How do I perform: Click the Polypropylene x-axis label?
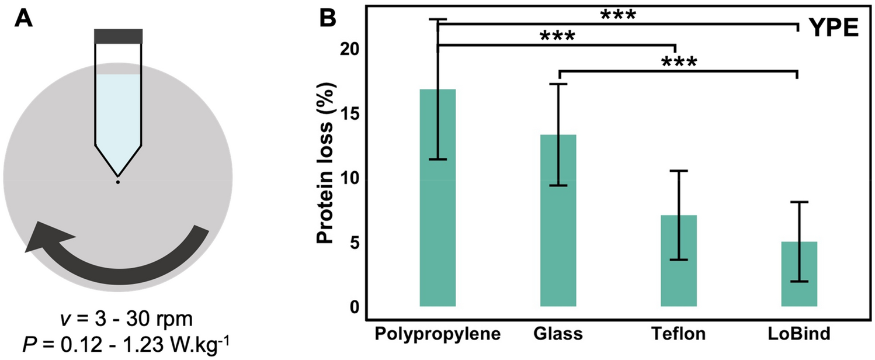pyautogui.click(x=437, y=335)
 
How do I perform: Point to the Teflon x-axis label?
pyautogui.click(x=679, y=335)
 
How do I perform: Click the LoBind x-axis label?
pyautogui.click(x=799, y=335)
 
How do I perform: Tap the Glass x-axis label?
pyautogui.click(x=558, y=335)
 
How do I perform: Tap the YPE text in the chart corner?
pyautogui.click(x=833, y=27)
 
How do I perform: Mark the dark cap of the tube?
pyautogui.click(x=118, y=36)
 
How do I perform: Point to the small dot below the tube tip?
pyautogui.click(x=118, y=183)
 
